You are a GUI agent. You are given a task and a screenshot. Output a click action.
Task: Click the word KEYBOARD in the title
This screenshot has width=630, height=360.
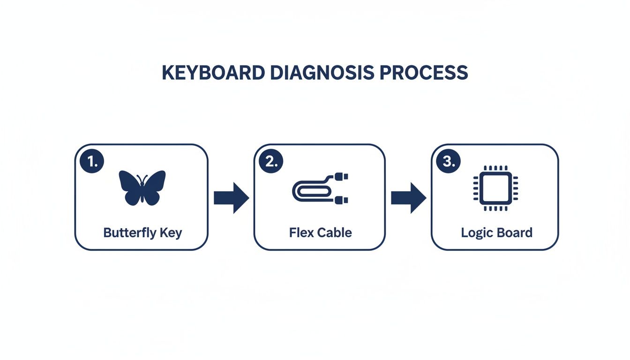pos(212,74)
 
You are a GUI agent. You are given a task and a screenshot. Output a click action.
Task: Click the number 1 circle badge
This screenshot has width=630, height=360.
pos(92,162)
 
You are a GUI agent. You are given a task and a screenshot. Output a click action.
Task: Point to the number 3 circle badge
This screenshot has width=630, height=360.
pos(449,162)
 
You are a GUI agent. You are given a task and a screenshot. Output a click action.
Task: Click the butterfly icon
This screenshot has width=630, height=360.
pos(142,187)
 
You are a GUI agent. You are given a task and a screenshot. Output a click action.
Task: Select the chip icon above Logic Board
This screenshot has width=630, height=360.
pos(495,188)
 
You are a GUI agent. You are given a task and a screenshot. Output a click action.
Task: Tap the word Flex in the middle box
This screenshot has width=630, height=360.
pos(301,232)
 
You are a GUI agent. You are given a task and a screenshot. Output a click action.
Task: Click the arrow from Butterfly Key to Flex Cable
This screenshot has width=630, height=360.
pos(231,198)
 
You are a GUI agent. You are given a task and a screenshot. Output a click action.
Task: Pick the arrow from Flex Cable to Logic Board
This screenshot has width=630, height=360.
pos(408,198)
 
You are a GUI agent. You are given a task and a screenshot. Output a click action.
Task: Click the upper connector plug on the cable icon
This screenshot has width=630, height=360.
pos(342,177)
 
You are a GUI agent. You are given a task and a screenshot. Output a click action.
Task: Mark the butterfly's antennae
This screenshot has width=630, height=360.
pos(142,178)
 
